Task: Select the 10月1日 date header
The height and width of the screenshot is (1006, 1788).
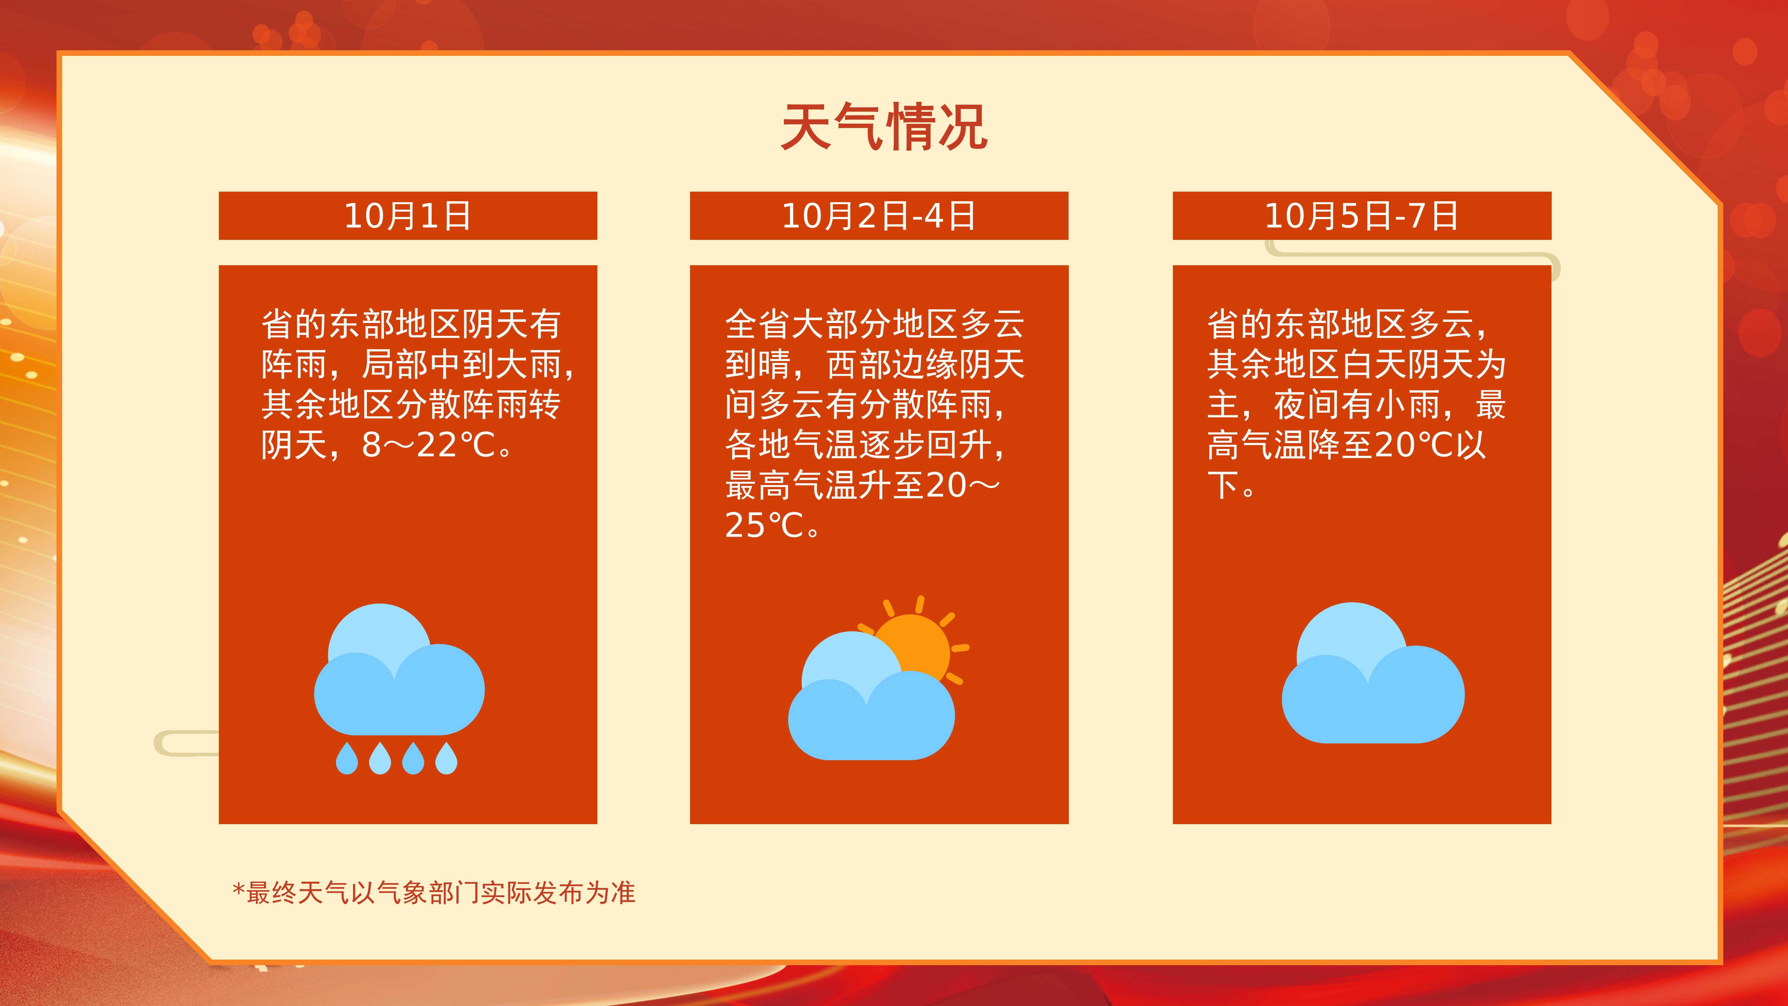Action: pos(407,216)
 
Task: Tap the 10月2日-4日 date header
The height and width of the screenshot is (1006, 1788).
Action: pos(879,216)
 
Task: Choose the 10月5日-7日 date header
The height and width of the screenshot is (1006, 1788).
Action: pos(1362,216)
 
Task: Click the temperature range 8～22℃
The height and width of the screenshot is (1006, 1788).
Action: pos(428,445)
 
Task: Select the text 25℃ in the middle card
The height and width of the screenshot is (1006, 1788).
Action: pos(764,526)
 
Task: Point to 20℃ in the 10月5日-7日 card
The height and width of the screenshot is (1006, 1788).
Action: pos(1414,445)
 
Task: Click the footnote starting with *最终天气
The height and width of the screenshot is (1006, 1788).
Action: pos(434,893)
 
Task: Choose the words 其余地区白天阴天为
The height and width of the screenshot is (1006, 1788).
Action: pos(1357,364)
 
